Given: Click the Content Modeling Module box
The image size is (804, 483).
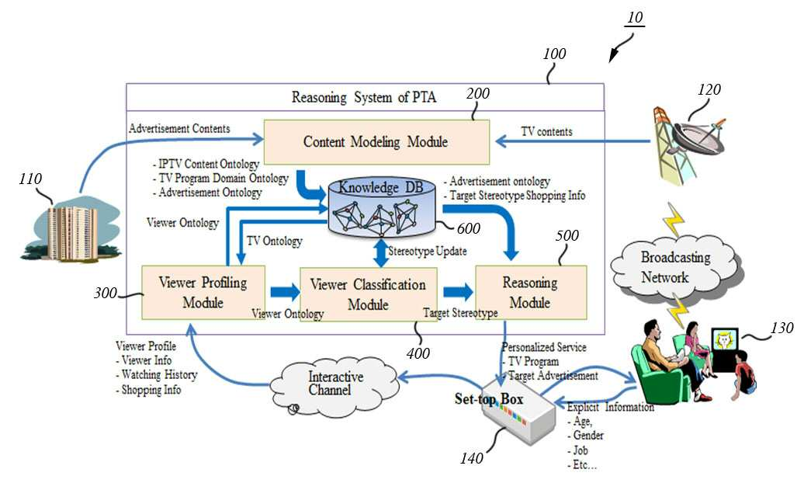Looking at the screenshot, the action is point(376,142).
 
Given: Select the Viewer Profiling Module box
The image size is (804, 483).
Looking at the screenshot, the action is point(203,293).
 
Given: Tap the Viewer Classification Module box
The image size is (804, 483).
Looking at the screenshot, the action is point(368,294).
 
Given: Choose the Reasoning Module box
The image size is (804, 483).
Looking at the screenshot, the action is point(531,293).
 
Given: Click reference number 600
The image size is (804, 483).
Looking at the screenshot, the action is point(468,228).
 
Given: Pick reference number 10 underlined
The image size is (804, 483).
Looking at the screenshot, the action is point(635,18).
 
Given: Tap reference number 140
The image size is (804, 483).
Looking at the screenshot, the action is point(472,458).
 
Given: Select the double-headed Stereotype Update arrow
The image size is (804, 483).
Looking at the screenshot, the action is point(381,252).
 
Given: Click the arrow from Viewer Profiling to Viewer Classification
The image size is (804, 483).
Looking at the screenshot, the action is point(285,292).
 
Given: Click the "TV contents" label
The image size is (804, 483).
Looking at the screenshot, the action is point(546,132).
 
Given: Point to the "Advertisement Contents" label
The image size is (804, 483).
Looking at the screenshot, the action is point(179,128).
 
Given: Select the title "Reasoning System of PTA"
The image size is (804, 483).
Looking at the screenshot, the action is point(364,98).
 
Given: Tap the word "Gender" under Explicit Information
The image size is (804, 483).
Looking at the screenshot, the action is point(588,436).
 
